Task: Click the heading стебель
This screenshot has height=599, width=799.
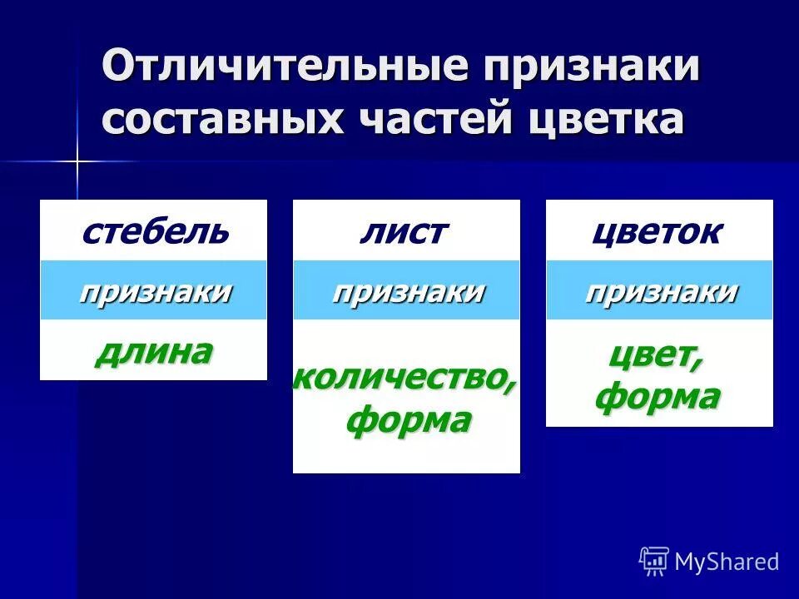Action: coord(154,231)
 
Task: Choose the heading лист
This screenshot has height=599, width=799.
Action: coord(405,231)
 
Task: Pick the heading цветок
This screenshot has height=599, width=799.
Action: coord(657,231)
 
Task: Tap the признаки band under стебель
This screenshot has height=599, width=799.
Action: coord(154,291)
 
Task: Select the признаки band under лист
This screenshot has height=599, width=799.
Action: coord(407,291)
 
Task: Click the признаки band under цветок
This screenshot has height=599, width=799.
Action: coord(660,291)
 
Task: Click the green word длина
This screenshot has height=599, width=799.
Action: coord(154,352)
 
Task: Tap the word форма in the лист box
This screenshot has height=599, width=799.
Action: coord(408,420)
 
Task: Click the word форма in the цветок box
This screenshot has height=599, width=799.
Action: coord(657,397)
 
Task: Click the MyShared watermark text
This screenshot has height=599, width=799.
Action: coord(727,562)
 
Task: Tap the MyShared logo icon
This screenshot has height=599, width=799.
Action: coord(653,562)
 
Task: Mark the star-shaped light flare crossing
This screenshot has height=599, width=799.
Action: coord(77,161)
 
